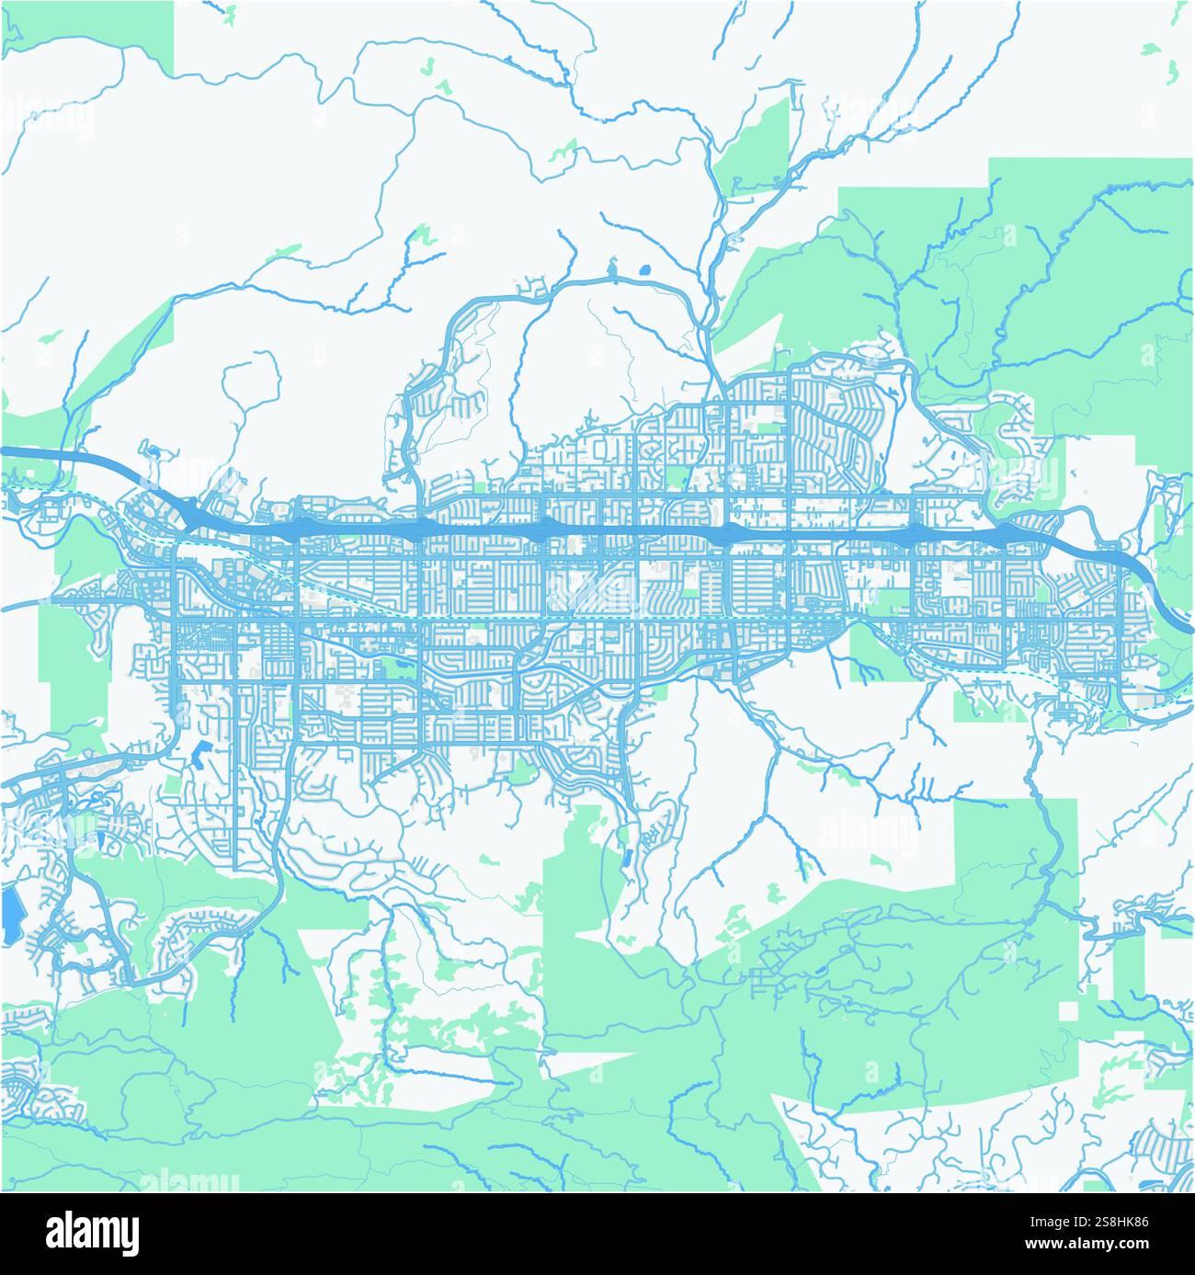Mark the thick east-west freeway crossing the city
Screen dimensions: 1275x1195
(x=597, y=530)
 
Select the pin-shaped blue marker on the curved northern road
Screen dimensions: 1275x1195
(x=611, y=273)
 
